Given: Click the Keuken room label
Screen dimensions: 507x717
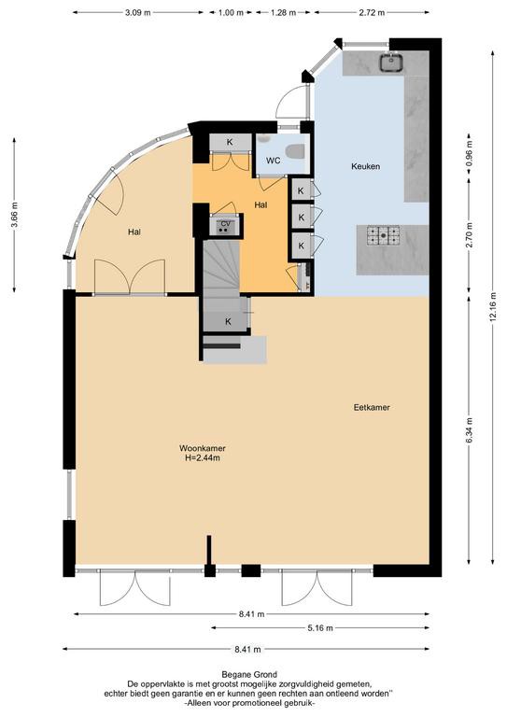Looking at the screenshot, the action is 365,166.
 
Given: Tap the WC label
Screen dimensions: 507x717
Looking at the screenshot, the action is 273,161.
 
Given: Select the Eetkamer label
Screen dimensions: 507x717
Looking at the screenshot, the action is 372,407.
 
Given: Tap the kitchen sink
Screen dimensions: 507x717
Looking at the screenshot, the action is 391,63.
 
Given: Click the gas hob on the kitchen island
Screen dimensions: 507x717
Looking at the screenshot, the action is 383,235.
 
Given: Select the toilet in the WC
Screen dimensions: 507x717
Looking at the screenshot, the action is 294,150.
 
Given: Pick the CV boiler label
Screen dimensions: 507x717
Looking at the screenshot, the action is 225,224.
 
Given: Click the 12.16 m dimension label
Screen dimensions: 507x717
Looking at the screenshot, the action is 492,307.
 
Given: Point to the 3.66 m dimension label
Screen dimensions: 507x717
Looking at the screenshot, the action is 14,215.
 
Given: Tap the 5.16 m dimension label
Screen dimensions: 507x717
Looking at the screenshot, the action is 320,628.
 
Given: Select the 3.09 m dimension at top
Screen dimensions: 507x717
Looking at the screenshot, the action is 137,13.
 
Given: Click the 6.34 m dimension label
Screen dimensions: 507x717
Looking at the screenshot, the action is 469,430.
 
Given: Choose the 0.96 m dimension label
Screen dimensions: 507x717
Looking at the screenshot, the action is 469,152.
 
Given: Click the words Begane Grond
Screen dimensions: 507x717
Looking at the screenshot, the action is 249,674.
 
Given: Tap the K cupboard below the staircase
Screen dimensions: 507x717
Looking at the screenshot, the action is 228,322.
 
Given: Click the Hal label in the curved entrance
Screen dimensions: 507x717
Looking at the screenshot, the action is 134,232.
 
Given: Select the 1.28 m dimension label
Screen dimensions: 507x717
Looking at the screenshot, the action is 284,13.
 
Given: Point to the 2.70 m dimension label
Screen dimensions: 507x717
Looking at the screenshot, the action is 469,234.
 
